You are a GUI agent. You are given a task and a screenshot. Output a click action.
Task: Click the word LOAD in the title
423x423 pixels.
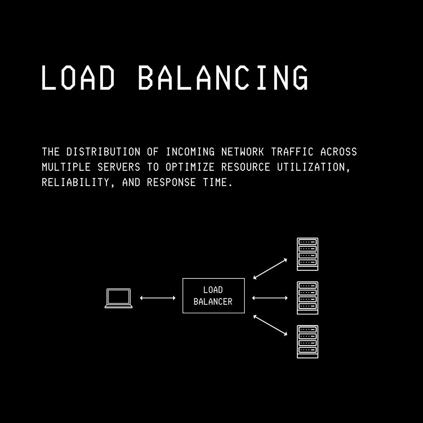tap(78, 78)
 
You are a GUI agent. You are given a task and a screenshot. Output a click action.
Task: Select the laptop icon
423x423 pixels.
tap(118, 298)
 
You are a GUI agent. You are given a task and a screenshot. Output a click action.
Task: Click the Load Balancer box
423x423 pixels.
tap(213, 296)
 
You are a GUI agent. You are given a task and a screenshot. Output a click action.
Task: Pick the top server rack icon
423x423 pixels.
tap(307, 254)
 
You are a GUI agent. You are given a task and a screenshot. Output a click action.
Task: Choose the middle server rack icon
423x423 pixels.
tap(307, 298)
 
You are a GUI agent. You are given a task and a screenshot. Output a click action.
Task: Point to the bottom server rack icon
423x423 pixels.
tap(307, 342)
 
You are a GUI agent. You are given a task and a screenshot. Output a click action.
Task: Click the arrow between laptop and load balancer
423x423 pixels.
tap(157, 298)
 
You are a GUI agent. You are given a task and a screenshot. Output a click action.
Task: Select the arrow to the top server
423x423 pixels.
tap(270, 269)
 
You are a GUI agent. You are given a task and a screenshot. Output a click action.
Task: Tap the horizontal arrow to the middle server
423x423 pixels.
tap(270, 298)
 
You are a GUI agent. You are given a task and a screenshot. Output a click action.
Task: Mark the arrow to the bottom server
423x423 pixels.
tap(270, 325)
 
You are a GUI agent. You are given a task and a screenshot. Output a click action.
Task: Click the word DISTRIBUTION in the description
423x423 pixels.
tap(103, 152)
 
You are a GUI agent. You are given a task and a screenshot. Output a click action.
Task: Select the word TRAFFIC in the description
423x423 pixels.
tap(292, 152)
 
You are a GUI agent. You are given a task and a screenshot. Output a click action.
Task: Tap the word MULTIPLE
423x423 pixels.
tap(66, 167)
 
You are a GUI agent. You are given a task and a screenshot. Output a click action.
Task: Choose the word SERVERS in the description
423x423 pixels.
tap(119, 167)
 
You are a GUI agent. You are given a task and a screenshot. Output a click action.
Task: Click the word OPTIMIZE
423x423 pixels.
tap(190, 167)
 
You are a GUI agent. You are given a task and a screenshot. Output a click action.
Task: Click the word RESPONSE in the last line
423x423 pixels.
tap(171, 183)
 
